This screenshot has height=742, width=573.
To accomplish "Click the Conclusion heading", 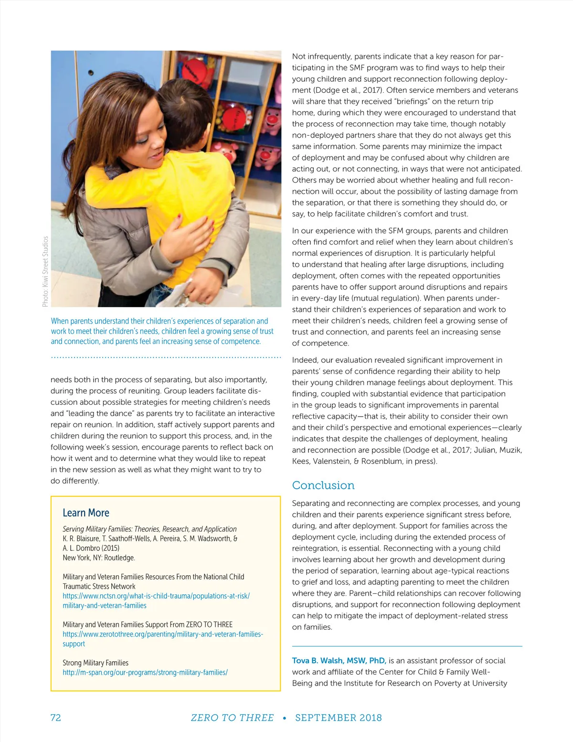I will (323, 485).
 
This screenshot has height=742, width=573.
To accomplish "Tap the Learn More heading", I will (86, 513).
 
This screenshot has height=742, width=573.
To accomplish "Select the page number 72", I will (56, 718).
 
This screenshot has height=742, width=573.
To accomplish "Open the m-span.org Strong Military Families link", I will (145, 673).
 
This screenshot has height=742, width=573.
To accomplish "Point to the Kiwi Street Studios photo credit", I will (45, 271).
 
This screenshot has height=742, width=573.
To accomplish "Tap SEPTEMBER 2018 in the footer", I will (339, 718).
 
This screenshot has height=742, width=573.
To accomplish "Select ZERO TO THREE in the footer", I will (232, 718).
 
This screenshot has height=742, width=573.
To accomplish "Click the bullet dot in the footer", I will (285, 718).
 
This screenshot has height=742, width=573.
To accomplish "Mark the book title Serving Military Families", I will (149, 529).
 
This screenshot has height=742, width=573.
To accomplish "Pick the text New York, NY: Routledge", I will (99, 558).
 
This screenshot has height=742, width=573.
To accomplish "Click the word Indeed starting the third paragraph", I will (305, 360).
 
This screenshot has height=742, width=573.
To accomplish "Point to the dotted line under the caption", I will (166, 357).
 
